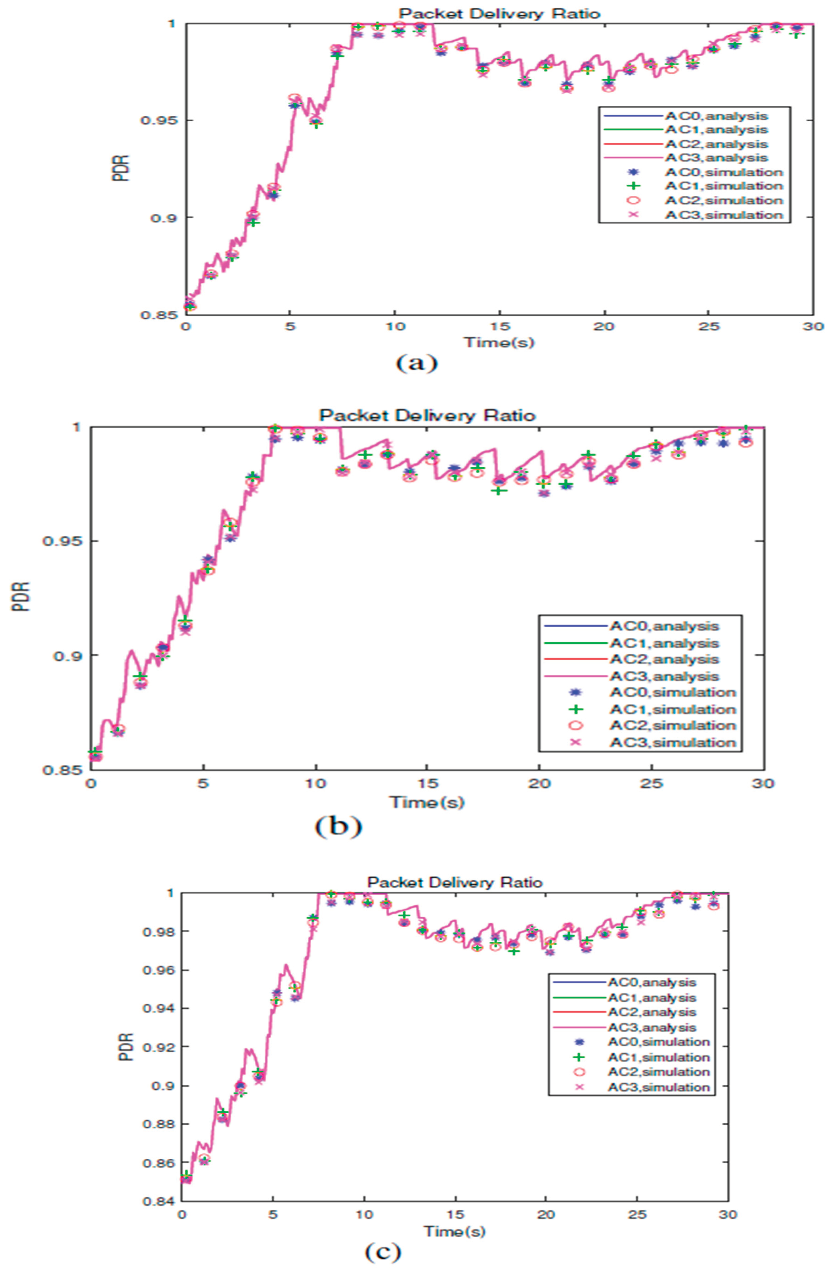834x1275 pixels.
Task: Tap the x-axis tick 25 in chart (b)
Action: point(651,783)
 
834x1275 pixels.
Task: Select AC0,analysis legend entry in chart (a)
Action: point(716,116)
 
